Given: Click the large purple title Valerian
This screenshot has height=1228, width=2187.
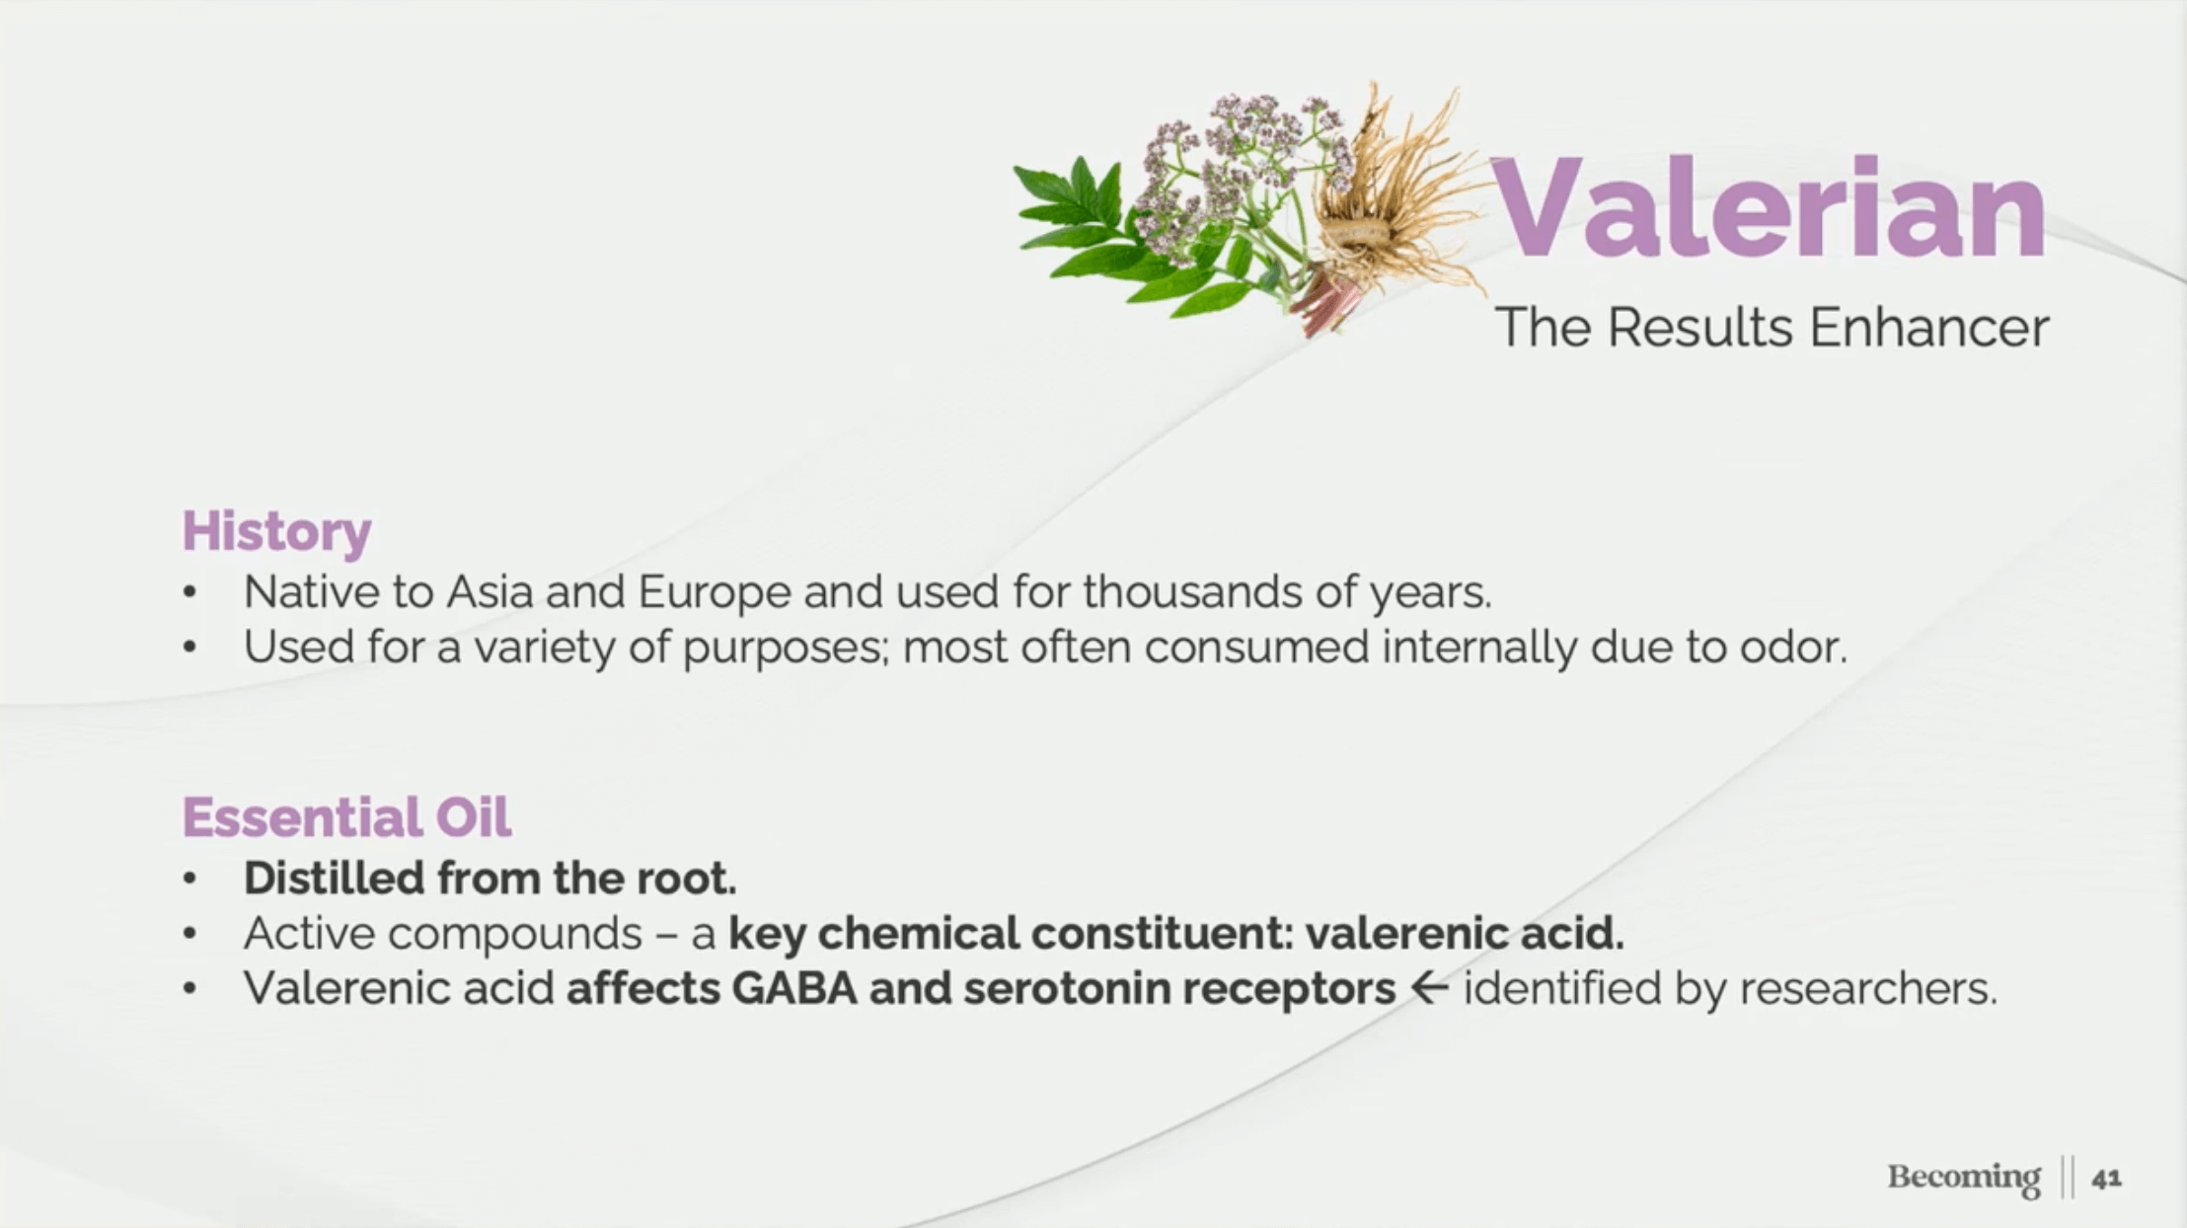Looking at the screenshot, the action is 1768,208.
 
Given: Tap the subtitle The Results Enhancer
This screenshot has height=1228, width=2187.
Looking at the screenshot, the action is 1772,328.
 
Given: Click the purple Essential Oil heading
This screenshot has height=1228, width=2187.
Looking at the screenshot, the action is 346,817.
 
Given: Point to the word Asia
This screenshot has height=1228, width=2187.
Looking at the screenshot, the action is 489,592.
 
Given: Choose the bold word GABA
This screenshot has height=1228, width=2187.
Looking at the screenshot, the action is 794,989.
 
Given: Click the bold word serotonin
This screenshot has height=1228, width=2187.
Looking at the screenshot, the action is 1067,989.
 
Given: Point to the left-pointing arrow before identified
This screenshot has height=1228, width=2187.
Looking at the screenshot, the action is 1428,988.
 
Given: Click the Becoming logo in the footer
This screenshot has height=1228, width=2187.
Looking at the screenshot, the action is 1964,1178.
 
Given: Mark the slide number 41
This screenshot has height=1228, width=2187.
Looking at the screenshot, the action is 2106,1179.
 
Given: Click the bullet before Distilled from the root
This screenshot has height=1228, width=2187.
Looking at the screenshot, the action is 190,879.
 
